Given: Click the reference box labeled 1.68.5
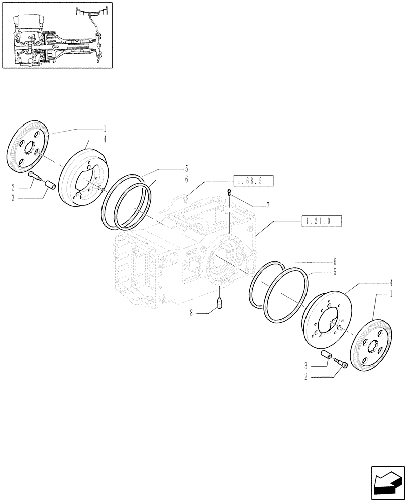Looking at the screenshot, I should (255, 180).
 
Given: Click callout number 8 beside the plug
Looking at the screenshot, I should (191, 313).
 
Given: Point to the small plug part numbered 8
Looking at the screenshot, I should (220, 304).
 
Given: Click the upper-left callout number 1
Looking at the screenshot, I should (105, 129).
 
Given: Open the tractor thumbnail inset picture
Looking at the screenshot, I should (57, 35).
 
